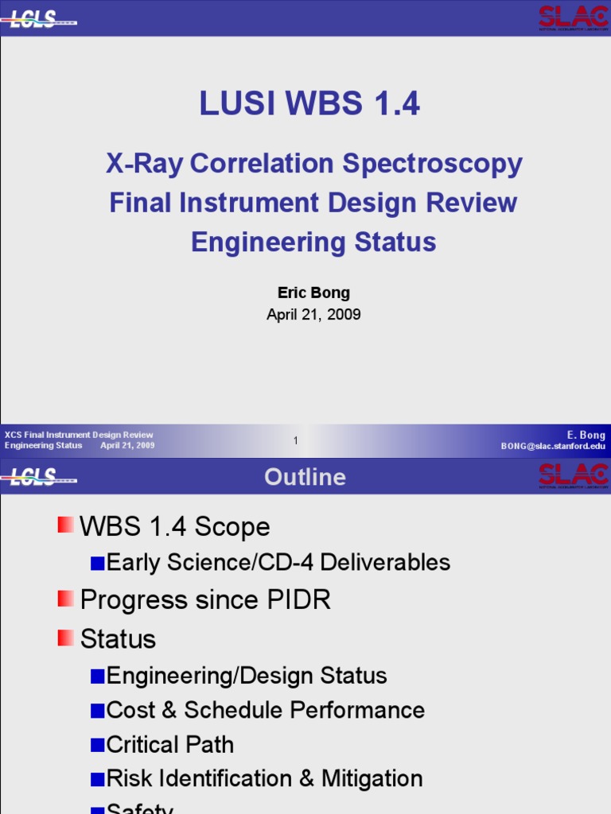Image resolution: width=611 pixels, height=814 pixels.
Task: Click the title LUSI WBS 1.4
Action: pyautogui.click(x=309, y=104)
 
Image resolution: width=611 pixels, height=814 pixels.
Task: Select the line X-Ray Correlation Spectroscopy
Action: pyautogui.click(x=314, y=164)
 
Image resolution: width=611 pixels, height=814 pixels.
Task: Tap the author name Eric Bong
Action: pyautogui.click(x=313, y=293)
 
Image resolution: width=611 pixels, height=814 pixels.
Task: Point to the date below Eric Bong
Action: pyautogui.click(x=313, y=315)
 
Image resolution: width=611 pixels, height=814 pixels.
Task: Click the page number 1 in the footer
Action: pyautogui.click(x=295, y=440)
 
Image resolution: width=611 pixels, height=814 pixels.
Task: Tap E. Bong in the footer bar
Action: pyautogui.click(x=586, y=435)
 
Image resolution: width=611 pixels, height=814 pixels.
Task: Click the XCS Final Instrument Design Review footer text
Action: pyautogui.click(x=79, y=435)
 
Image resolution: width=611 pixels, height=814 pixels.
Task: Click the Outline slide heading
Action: pyautogui.click(x=305, y=477)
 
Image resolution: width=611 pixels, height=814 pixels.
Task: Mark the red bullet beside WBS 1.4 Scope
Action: pyautogui.click(x=65, y=525)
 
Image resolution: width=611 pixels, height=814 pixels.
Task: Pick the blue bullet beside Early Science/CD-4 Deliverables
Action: pyautogui.click(x=97, y=563)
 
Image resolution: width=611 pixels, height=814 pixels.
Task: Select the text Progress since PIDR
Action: pyautogui.click(x=205, y=600)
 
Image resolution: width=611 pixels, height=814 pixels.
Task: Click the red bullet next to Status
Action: pyautogui.click(x=65, y=637)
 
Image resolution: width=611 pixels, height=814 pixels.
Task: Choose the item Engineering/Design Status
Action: pyautogui.click(x=247, y=676)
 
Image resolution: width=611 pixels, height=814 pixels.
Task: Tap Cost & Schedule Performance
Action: pyautogui.click(x=265, y=710)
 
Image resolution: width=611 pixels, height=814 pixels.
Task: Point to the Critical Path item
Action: pyautogui.click(x=169, y=745)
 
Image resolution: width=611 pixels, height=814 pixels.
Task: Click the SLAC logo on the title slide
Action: pyautogui.click(x=573, y=17)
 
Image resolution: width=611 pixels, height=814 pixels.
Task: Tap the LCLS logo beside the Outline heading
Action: pyautogui.click(x=40, y=477)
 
